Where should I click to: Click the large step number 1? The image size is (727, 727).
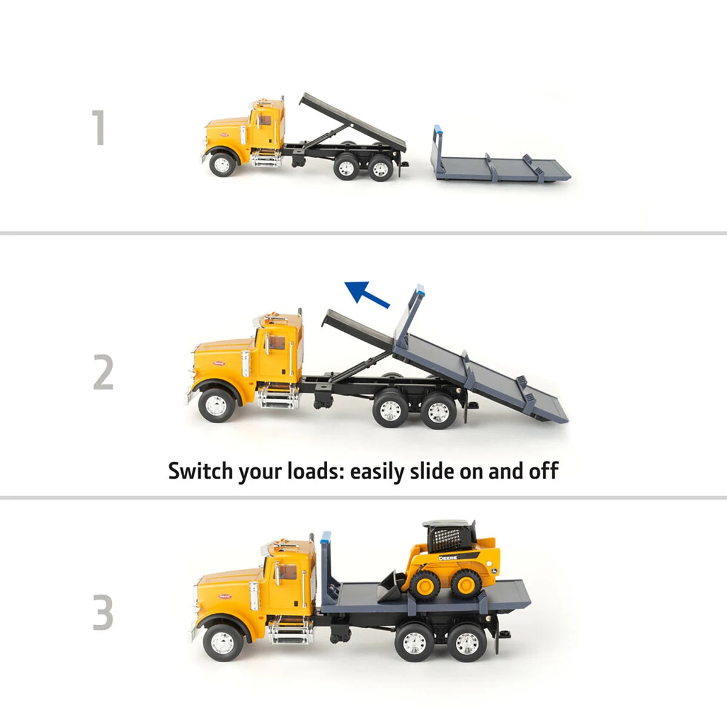pyautogui.click(x=99, y=127)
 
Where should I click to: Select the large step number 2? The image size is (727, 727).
pyautogui.click(x=104, y=373)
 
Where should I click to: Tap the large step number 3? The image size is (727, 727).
pyautogui.click(x=104, y=612)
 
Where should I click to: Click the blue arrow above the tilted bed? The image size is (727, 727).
pyautogui.click(x=367, y=294)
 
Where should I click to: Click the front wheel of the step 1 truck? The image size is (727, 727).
pyautogui.click(x=222, y=164)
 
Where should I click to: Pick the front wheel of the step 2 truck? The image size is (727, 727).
pyautogui.click(x=215, y=405)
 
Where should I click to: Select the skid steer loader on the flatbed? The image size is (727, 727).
pyautogui.click(x=451, y=560)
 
